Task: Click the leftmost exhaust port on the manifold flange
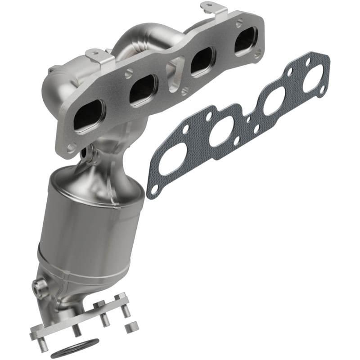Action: pyautogui.click(x=88, y=117)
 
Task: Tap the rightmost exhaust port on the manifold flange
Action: pyautogui.click(x=246, y=41)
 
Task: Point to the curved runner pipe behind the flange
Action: pyautogui.click(x=135, y=45)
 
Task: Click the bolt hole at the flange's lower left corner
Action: pyautogui.click(x=71, y=148)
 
